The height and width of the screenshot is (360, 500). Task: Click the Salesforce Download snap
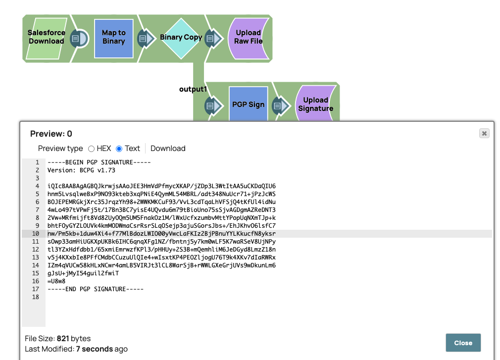(x=47, y=37)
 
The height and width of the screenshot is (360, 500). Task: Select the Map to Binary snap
(x=114, y=38)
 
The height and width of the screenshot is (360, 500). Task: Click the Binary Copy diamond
(x=181, y=38)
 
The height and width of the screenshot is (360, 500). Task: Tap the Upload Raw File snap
(x=249, y=38)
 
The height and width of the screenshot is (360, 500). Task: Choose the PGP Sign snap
(x=248, y=105)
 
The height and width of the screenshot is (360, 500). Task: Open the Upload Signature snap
(x=315, y=104)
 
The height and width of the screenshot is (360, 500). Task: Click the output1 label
(x=193, y=89)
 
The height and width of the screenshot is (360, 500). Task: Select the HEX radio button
(x=91, y=149)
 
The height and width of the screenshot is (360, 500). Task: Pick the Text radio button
(x=119, y=149)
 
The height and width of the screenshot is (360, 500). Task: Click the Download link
(x=168, y=149)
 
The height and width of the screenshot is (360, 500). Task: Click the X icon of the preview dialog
(x=484, y=133)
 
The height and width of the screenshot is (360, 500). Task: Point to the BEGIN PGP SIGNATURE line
(x=99, y=162)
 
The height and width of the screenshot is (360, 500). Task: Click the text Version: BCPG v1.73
(x=81, y=170)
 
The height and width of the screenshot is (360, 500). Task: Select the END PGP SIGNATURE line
(x=96, y=289)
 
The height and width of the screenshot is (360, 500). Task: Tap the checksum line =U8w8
(x=56, y=281)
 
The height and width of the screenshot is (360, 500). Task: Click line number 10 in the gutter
(x=36, y=234)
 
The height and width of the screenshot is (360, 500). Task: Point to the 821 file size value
(x=63, y=339)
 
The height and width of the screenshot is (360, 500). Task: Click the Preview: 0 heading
(x=51, y=134)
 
